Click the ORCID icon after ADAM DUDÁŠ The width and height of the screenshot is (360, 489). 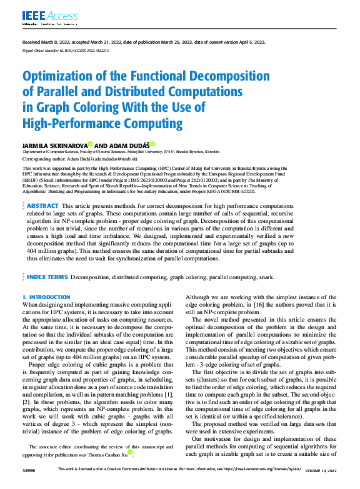point(152,144)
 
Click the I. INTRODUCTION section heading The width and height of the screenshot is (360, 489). point(46,297)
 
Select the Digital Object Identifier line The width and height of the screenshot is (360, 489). point(66,49)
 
